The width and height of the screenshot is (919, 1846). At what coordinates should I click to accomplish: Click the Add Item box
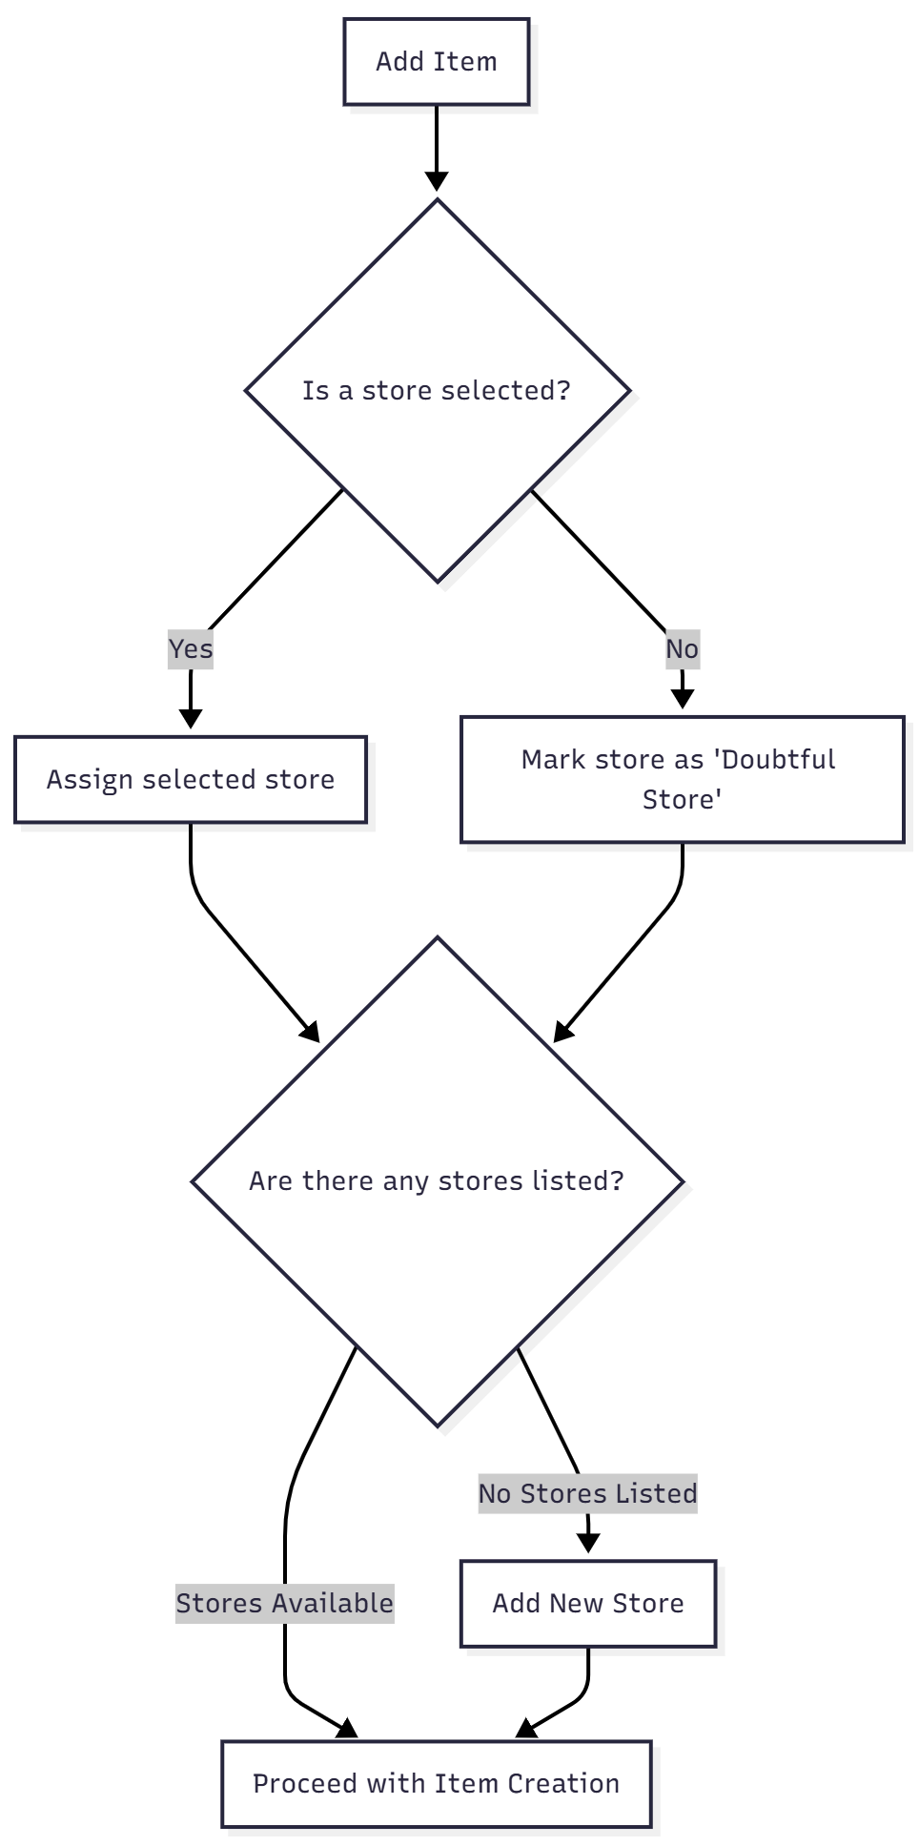[436, 61]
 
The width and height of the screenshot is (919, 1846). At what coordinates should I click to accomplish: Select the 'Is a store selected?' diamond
[437, 390]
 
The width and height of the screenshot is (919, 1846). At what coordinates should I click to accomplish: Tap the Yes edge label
[191, 649]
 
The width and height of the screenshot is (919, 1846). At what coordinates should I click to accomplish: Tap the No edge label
[682, 649]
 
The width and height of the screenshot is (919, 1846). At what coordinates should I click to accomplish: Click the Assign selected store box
[191, 779]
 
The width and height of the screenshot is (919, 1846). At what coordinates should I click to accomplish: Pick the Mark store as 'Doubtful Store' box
[682, 779]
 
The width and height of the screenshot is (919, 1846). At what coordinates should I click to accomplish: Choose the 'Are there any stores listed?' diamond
[437, 1180]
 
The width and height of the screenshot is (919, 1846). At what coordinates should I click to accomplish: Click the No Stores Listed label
[587, 1493]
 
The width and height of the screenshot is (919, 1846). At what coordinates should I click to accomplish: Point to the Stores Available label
[284, 1603]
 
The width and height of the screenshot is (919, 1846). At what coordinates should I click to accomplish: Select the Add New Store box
[587, 1603]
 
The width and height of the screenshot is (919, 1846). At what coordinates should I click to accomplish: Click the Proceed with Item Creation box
[436, 1783]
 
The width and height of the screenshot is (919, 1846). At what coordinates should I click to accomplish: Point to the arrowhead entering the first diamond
[437, 181]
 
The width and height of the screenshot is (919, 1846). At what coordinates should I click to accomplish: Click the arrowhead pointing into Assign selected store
[191, 718]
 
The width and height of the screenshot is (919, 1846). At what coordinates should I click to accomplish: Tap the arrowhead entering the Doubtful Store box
[682, 699]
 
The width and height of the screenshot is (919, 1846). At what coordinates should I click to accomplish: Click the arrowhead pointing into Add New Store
[588, 1543]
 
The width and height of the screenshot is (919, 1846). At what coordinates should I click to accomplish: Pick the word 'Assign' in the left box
[90, 780]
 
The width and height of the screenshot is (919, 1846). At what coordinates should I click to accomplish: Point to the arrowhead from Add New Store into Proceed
[526, 1728]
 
